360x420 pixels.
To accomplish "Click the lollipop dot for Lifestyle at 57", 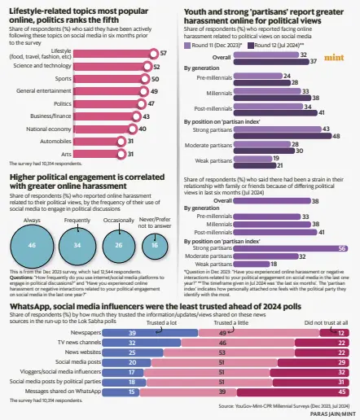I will pyautogui.click(x=154, y=52).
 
